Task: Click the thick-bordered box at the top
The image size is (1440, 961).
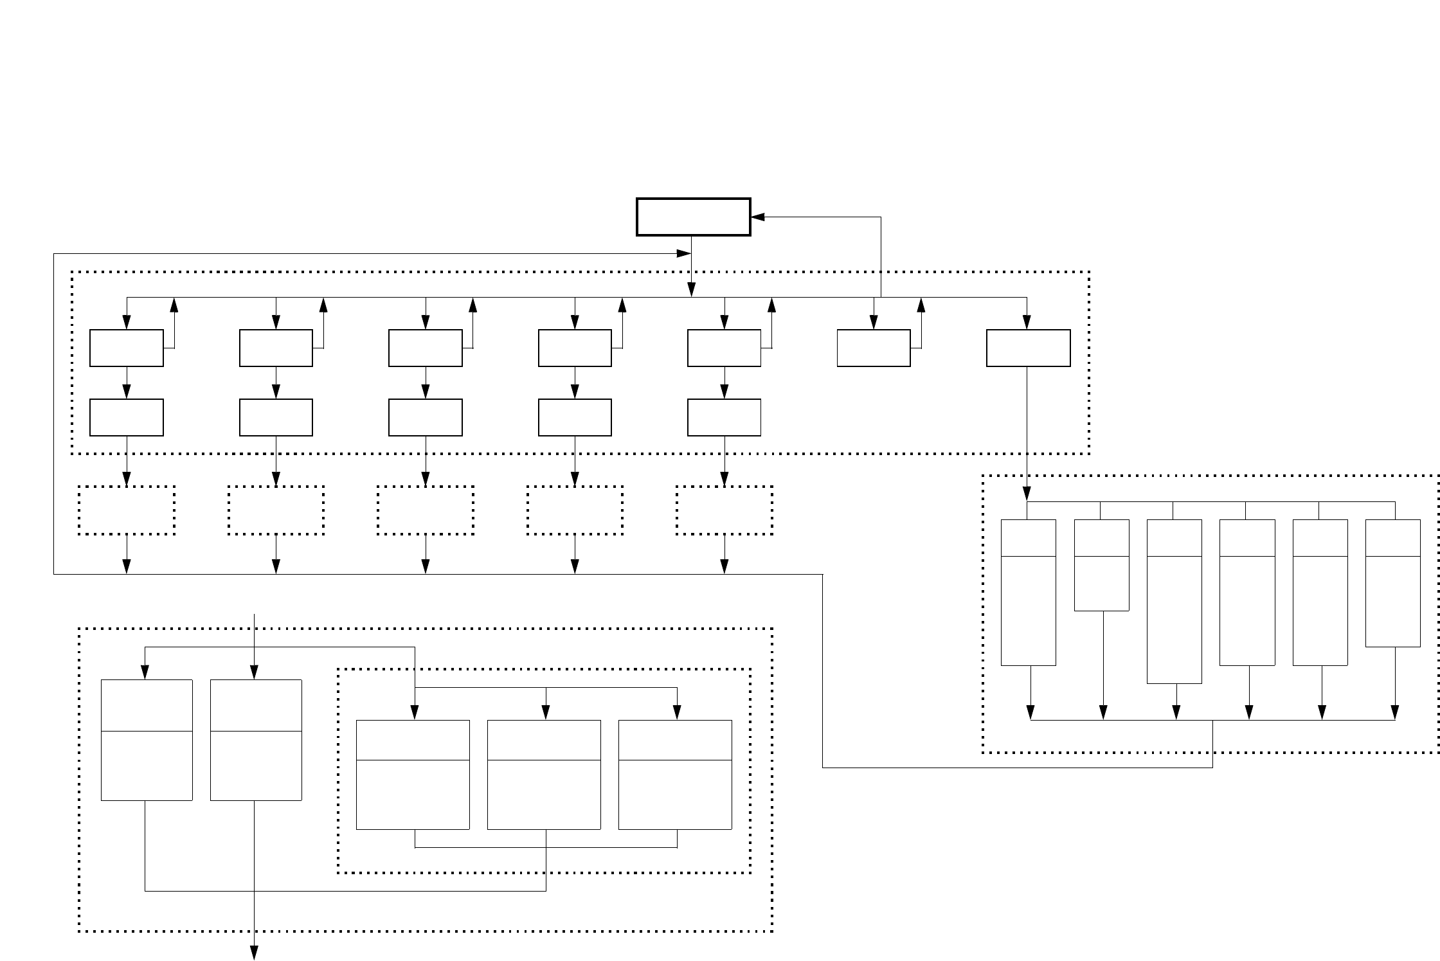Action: coord(693,217)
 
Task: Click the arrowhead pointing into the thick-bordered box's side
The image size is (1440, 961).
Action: coord(757,217)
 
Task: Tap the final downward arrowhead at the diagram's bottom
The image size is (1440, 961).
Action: coord(255,953)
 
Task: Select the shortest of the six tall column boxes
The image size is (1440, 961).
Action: coord(1102,564)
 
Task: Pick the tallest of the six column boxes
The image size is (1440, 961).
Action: coord(1174,601)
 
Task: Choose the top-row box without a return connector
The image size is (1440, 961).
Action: coord(1028,348)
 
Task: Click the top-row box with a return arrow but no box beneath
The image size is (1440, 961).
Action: coord(874,348)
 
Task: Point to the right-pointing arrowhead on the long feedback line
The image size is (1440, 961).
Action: coord(683,254)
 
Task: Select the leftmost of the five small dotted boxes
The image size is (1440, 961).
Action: coord(127,510)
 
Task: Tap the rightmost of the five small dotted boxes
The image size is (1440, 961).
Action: coord(724,510)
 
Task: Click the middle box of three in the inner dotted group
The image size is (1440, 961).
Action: coord(544,775)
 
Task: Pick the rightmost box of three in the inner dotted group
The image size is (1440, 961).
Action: coord(675,775)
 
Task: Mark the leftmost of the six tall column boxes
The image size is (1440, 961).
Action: coord(1029,592)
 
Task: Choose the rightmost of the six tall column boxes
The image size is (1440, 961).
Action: coord(1392,582)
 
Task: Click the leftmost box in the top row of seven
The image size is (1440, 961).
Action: coord(127,348)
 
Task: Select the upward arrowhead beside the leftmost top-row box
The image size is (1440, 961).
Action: coord(174,303)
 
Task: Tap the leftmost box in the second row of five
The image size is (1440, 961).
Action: coord(127,417)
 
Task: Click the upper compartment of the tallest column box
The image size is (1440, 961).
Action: coord(1174,537)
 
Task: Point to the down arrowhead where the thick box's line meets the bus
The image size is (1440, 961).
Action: coord(692,291)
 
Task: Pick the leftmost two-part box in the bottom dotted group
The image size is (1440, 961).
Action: coord(147,739)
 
